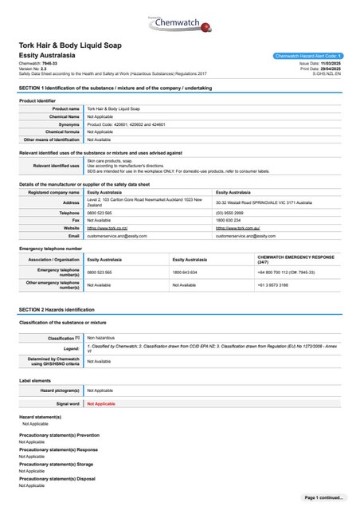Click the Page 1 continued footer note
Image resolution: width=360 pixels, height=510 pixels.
point(325,497)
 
